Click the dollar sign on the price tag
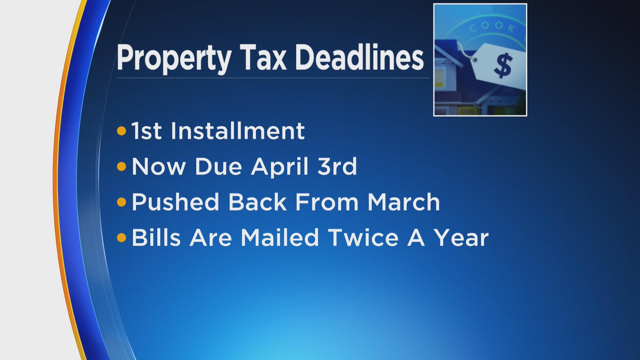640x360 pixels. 503,65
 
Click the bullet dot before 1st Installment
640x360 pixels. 122,131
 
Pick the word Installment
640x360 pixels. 238,131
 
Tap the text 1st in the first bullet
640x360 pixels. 146,131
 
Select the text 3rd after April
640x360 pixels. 337,166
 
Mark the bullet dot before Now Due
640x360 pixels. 122,166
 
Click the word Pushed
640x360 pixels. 175,202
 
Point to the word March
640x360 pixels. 404,202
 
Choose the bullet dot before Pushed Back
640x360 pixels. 122,202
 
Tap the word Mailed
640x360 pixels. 280,237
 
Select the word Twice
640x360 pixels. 363,237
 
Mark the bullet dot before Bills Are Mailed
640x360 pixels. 122,238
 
